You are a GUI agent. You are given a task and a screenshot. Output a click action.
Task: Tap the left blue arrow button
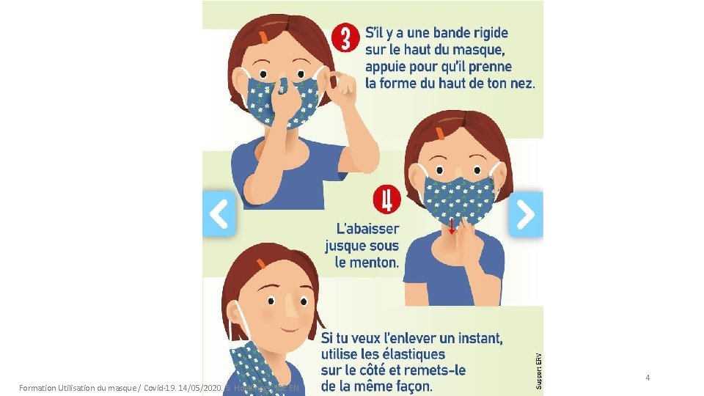click(219, 213)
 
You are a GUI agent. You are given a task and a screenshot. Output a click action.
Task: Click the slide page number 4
click(648, 378)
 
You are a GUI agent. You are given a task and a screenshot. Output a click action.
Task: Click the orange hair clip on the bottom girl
click(260, 263)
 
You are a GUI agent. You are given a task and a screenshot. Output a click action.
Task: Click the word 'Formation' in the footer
click(39, 386)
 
